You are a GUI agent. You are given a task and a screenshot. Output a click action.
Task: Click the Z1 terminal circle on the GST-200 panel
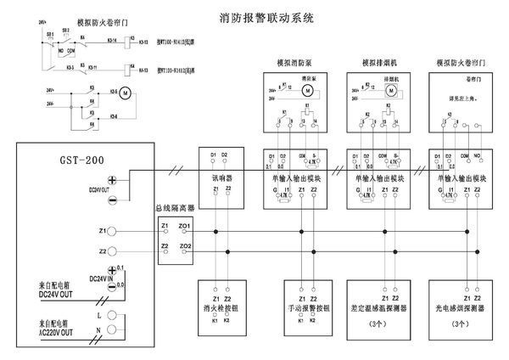coord(114,231)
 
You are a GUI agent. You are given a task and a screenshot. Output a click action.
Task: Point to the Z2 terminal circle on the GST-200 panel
coord(114,252)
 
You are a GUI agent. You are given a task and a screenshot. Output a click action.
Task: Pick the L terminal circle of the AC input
coord(114,314)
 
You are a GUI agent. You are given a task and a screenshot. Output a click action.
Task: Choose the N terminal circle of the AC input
coord(114,329)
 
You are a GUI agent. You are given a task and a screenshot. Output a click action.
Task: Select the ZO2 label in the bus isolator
coord(185,246)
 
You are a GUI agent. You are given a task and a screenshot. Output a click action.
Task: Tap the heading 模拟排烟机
coord(375,63)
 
